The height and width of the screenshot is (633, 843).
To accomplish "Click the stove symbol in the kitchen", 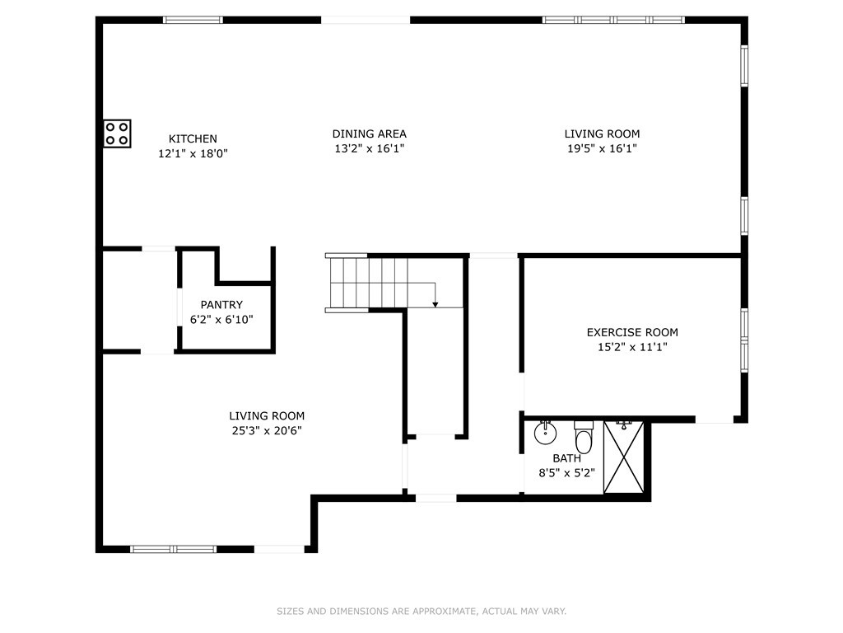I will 117,134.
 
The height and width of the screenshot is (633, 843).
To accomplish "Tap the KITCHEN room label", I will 193,138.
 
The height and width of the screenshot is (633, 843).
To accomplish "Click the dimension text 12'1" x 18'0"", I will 193,153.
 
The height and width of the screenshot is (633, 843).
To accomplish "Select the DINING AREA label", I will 369,134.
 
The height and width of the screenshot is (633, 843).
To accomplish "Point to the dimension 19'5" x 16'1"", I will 602,148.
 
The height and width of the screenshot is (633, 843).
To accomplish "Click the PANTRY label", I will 221,305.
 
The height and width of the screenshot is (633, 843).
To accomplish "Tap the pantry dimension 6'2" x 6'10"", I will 221,319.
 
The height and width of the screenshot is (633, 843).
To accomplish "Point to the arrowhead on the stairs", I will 435,304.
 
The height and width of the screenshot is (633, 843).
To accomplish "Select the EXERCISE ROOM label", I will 632,332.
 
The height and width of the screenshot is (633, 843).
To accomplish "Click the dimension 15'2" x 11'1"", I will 632,347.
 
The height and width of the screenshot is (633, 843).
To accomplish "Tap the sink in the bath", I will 544,432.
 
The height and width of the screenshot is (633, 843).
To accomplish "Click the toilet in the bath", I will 584,437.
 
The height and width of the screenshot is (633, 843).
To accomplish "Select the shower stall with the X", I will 624,457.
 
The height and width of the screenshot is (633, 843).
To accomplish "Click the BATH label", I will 566,458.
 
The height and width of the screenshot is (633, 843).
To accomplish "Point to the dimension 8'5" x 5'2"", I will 566,473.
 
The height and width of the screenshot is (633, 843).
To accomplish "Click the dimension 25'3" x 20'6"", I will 267,430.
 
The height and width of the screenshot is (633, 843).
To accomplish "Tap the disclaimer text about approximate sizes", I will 421,612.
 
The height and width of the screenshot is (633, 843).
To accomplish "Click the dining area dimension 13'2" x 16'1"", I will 369,148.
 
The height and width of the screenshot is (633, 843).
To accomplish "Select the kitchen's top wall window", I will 193,20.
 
